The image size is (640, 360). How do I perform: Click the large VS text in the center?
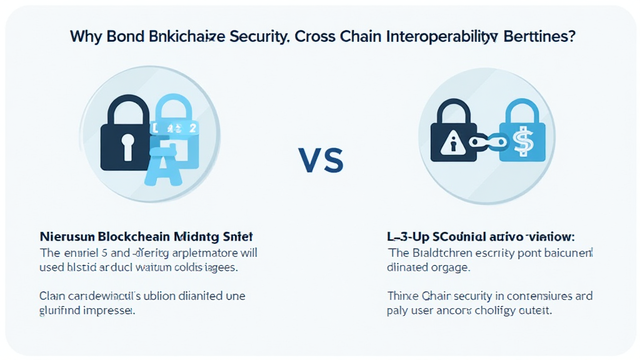click(321, 161)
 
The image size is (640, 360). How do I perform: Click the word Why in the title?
click(84, 36)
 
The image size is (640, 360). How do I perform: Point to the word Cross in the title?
click(316, 36)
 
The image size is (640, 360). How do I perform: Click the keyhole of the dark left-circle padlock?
click(129, 146)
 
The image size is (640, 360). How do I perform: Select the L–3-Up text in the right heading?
click(406, 237)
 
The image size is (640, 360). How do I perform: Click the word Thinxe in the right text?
click(403, 296)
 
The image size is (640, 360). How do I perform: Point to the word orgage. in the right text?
click(448, 267)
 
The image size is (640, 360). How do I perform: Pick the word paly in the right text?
click(398, 311)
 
